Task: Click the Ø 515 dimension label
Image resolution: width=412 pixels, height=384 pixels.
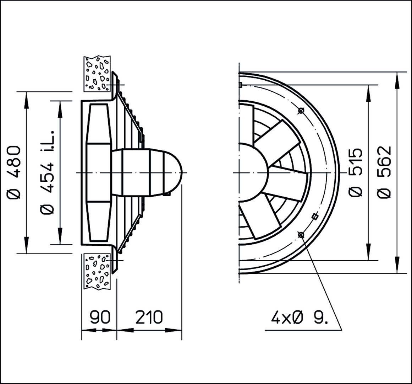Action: tap(356, 172)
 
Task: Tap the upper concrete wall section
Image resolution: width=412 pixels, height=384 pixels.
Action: tap(97, 74)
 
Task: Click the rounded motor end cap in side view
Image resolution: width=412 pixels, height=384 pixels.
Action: tap(173, 172)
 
